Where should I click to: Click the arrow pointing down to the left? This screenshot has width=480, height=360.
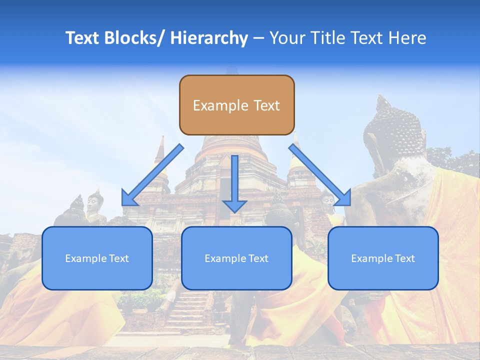152,175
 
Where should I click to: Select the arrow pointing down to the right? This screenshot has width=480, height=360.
320,175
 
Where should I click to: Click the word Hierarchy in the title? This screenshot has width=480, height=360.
209,38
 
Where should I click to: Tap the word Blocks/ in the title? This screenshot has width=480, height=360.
134,38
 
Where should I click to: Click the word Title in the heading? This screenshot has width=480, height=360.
326,38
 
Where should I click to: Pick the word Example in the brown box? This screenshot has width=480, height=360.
220,105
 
